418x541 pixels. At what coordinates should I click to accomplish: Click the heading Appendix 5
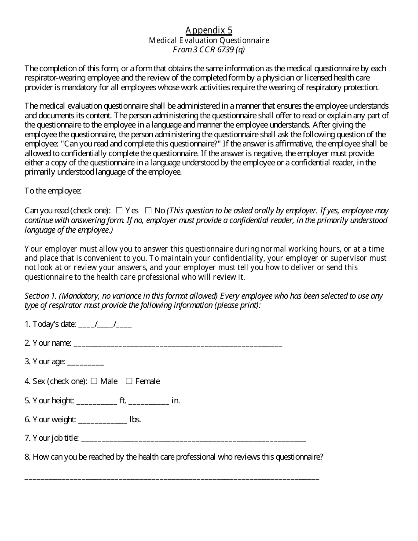(209, 30)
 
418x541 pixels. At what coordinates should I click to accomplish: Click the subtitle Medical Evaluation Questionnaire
(209, 40)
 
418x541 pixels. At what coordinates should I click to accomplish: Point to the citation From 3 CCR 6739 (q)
(209, 50)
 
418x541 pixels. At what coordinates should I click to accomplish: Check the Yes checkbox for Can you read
(119, 211)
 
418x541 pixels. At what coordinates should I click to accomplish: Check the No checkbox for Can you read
(148, 211)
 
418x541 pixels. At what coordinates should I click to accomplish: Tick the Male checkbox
(94, 381)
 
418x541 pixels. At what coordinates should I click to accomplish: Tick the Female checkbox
(129, 381)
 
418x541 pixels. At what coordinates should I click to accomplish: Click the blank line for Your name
(178, 344)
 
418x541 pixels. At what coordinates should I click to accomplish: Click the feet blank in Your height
(97, 401)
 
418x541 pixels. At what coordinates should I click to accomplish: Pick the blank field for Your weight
(103, 420)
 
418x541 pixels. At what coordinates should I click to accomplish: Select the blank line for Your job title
(194, 439)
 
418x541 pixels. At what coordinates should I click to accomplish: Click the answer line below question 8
(172, 477)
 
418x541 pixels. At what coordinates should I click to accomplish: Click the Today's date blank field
(105, 325)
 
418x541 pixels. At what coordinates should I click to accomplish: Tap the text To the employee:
(53, 191)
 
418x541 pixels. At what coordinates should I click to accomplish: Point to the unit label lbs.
(135, 420)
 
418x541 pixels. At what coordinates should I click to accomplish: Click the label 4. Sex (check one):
(56, 381)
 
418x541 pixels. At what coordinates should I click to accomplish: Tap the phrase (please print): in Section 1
(238, 305)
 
